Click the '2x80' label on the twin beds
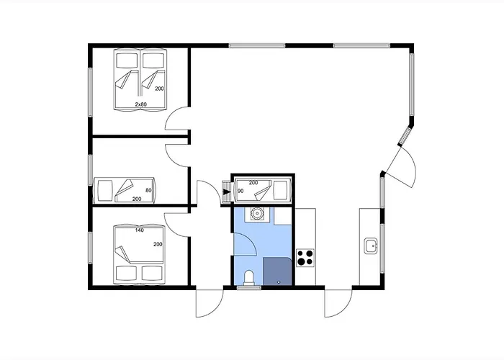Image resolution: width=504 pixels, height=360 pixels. [x=141, y=104]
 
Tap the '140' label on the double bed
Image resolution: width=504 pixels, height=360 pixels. [x=140, y=230]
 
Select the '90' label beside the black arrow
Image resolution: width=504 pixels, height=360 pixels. [x=240, y=191]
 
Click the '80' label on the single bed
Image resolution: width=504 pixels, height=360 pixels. [x=148, y=190]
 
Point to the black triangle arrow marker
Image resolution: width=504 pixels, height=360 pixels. [x=227, y=192]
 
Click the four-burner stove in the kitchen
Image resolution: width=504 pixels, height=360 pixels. [x=305, y=258]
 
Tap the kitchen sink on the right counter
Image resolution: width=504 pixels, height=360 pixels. [x=371, y=246]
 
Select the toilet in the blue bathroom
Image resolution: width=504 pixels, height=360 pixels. [x=249, y=278]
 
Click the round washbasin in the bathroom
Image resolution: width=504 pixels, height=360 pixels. [x=256, y=213]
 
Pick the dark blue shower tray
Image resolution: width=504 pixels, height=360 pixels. [x=277, y=271]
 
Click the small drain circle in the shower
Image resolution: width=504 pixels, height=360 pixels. [x=279, y=282]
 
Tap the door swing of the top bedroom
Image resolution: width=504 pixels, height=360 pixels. [x=177, y=118]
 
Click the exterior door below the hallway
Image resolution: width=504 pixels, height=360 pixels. [x=210, y=303]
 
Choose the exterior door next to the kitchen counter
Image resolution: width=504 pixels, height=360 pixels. [x=338, y=303]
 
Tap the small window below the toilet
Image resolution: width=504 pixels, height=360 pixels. [x=249, y=288]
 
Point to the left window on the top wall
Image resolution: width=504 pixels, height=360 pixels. [x=257, y=45]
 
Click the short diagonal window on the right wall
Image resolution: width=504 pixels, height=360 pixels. [x=405, y=135]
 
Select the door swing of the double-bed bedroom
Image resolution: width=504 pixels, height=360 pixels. [x=177, y=225]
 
